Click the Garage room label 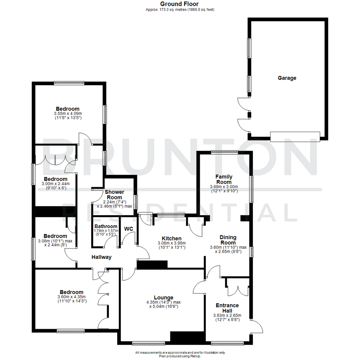point(287,78)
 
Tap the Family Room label point(224,179)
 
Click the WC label point(129,229)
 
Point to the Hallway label point(101,257)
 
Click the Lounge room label point(163,298)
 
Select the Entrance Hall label point(227,308)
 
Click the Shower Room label point(114,195)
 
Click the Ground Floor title point(180,4)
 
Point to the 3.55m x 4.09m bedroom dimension point(68,113)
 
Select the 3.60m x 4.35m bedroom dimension point(72,297)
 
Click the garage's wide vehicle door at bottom point(295,137)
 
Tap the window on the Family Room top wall point(224,153)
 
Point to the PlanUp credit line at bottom point(180,356)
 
